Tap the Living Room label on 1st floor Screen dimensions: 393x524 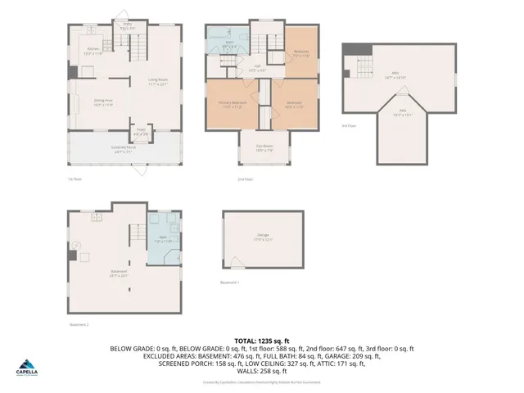[x=157, y=81]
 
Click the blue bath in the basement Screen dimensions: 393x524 [x=162, y=242]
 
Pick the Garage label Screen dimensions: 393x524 [x=263, y=237]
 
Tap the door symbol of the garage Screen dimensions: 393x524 [x=237, y=267]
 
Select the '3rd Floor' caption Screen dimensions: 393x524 [x=350, y=126]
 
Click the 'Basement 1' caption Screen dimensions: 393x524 [x=230, y=282]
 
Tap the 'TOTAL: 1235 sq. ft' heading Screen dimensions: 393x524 [x=261, y=340]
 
